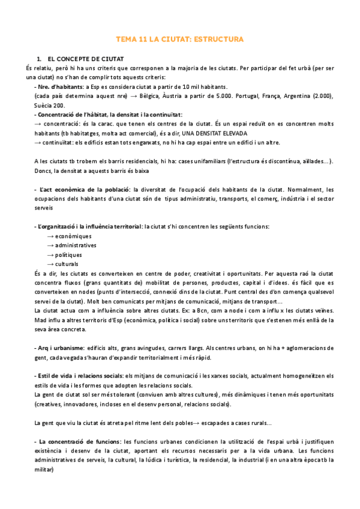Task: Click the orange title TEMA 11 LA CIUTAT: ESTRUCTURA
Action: [179, 40]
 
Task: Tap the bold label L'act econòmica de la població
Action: [83, 190]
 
